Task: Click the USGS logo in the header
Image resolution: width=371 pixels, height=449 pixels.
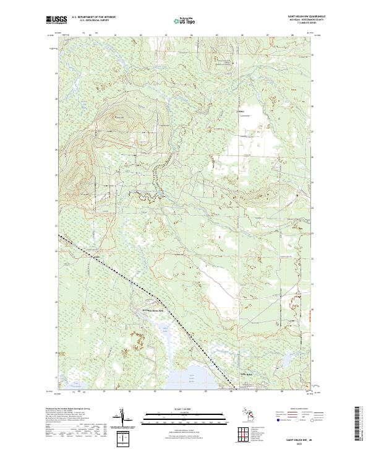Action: coord(56,20)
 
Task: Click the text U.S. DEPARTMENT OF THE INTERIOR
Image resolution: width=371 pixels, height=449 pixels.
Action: coord(93,17)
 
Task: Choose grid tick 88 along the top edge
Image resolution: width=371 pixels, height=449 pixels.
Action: coord(292,35)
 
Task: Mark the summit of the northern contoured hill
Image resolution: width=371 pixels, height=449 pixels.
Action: coord(118,118)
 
